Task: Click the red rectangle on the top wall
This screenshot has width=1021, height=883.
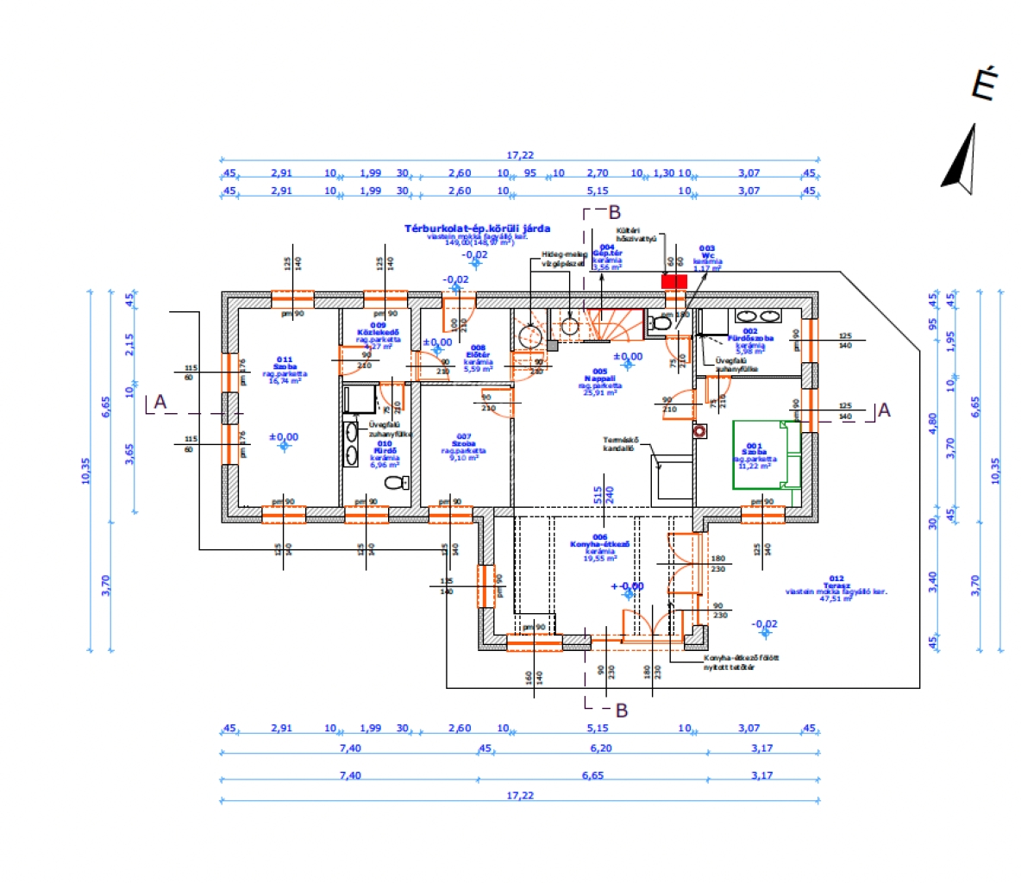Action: pos(673,281)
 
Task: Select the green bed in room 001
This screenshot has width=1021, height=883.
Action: pos(767,454)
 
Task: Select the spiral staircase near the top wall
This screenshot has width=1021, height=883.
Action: pos(616,325)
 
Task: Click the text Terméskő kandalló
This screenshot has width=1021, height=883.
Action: pos(619,443)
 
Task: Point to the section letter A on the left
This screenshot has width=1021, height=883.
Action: pos(160,402)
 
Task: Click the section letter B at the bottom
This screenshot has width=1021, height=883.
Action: pos(621,711)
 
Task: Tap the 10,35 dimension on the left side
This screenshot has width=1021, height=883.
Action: pos(86,471)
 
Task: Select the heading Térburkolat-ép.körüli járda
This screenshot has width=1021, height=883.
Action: pos(477,229)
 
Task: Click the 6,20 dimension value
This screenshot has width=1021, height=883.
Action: pos(600,748)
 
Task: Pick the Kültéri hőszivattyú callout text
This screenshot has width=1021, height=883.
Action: pos(636,235)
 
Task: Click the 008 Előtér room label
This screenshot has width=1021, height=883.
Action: pos(478,354)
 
